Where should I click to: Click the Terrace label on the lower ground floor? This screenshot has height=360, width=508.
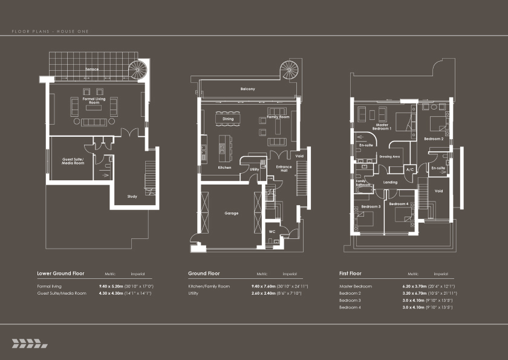92,69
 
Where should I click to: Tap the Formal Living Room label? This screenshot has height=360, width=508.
94,100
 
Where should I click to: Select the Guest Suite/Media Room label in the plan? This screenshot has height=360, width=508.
73,161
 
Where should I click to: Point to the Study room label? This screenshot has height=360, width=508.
132,196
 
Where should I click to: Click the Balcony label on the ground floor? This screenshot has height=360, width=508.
247,89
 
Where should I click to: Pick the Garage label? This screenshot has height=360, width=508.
232,213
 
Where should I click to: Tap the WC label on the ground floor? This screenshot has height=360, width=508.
272,231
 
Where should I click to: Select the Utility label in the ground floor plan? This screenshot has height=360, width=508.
254,170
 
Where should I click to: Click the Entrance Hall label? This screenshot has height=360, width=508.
284,169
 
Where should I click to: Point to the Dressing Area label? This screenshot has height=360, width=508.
389,156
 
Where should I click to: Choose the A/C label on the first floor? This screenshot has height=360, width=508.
409,169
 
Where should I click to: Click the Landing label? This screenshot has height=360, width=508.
391,182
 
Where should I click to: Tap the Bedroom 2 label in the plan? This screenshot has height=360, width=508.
434,139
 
